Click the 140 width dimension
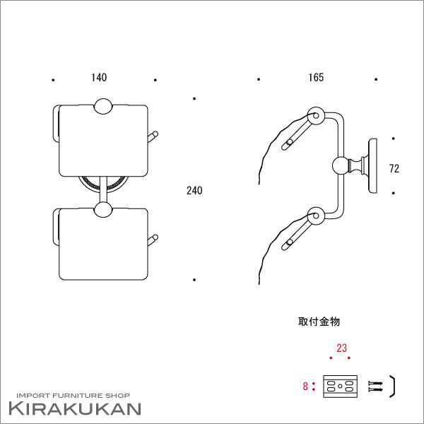(x=99, y=78)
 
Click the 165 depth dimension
(x=316, y=78)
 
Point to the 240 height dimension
(x=194, y=191)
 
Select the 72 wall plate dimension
(x=394, y=169)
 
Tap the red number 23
(x=341, y=348)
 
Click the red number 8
(x=305, y=387)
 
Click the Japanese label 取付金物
(x=319, y=322)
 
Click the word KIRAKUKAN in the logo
(x=75, y=409)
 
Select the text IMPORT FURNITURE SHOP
(x=73, y=396)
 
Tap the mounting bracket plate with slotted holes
(x=341, y=387)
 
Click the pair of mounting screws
(x=376, y=387)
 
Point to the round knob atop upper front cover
(x=103, y=106)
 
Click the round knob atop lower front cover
(x=103, y=209)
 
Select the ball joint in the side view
(x=341, y=165)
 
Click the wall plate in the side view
(x=373, y=166)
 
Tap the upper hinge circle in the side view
(x=316, y=116)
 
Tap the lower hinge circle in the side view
(x=316, y=216)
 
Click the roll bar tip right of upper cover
(x=155, y=134)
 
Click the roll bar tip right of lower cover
(x=155, y=237)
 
